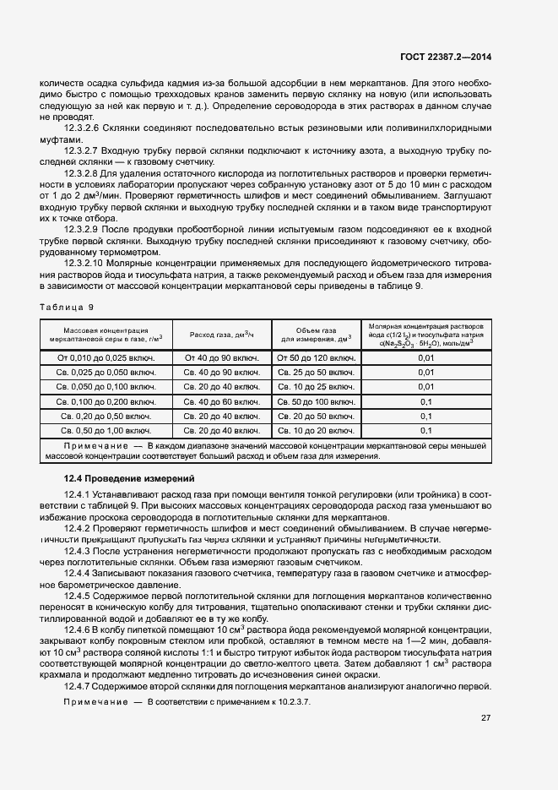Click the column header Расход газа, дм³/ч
click(x=223, y=335)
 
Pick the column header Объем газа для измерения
click(x=316, y=335)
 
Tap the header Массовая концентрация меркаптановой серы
click(x=106, y=335)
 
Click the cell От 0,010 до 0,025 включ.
click(x=106, y=357)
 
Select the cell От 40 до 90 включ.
click(x=223, y=357)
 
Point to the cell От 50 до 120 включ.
click(x=316, y=357)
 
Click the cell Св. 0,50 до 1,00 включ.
click(x=106, y=431)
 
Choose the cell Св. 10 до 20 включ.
click(x=316, y=431)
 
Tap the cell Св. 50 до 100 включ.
click(x=316, y=401)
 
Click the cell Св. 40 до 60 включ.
click(x=223, y=401)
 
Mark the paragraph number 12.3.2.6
click(x=83, y=128)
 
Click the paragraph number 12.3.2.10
click(x=85, y=264)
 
